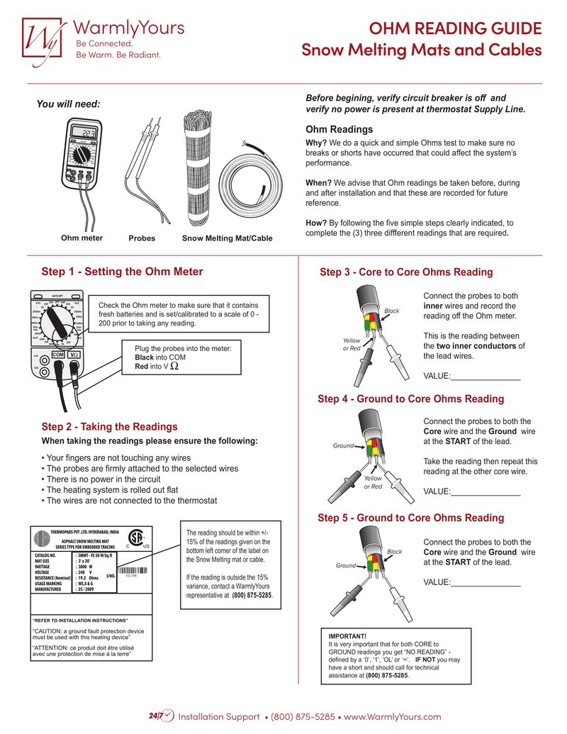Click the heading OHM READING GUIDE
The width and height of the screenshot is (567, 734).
(x=456, y=28)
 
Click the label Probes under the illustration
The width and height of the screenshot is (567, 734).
(x=141, y=238)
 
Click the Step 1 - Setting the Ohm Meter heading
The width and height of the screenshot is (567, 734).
(x=122, y=272)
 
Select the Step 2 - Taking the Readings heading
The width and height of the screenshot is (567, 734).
(x=109, y=427)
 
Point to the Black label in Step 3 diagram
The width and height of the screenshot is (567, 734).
(x=392, y=311)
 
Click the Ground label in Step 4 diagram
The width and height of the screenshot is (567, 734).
(x=343, y=446)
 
